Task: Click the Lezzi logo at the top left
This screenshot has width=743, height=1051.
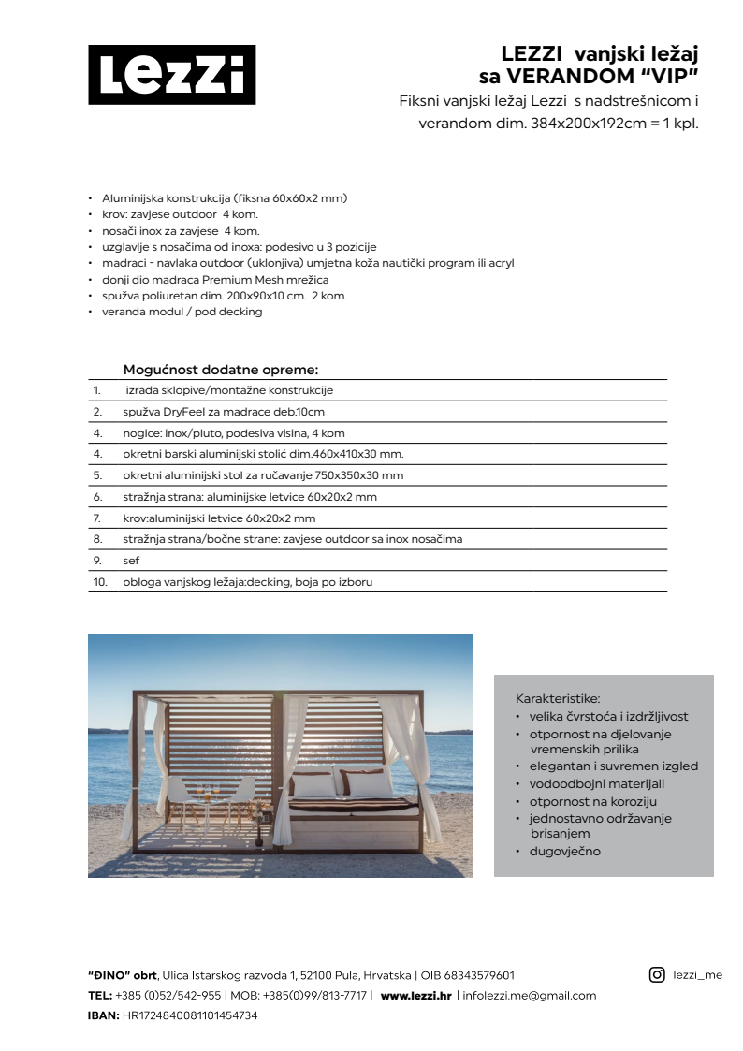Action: (171, 75)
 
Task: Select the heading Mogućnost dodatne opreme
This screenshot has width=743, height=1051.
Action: (221, 370)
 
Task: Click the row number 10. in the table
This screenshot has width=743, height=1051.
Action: (100, 582)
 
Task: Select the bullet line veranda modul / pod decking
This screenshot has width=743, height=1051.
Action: (182, 312)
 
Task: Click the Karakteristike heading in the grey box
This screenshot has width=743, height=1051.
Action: (558, 699)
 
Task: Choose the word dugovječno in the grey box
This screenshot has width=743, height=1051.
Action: (565, 852)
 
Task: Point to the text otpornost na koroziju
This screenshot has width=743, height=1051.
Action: (593, 802)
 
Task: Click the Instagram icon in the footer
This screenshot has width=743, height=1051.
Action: (657, 974)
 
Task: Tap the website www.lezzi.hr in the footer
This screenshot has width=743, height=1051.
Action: (415, 996)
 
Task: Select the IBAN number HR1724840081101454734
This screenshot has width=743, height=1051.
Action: (190, 1015)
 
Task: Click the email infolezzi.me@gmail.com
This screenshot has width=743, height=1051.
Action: (530, 996)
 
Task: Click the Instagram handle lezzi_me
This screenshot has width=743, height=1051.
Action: (698, 975)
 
